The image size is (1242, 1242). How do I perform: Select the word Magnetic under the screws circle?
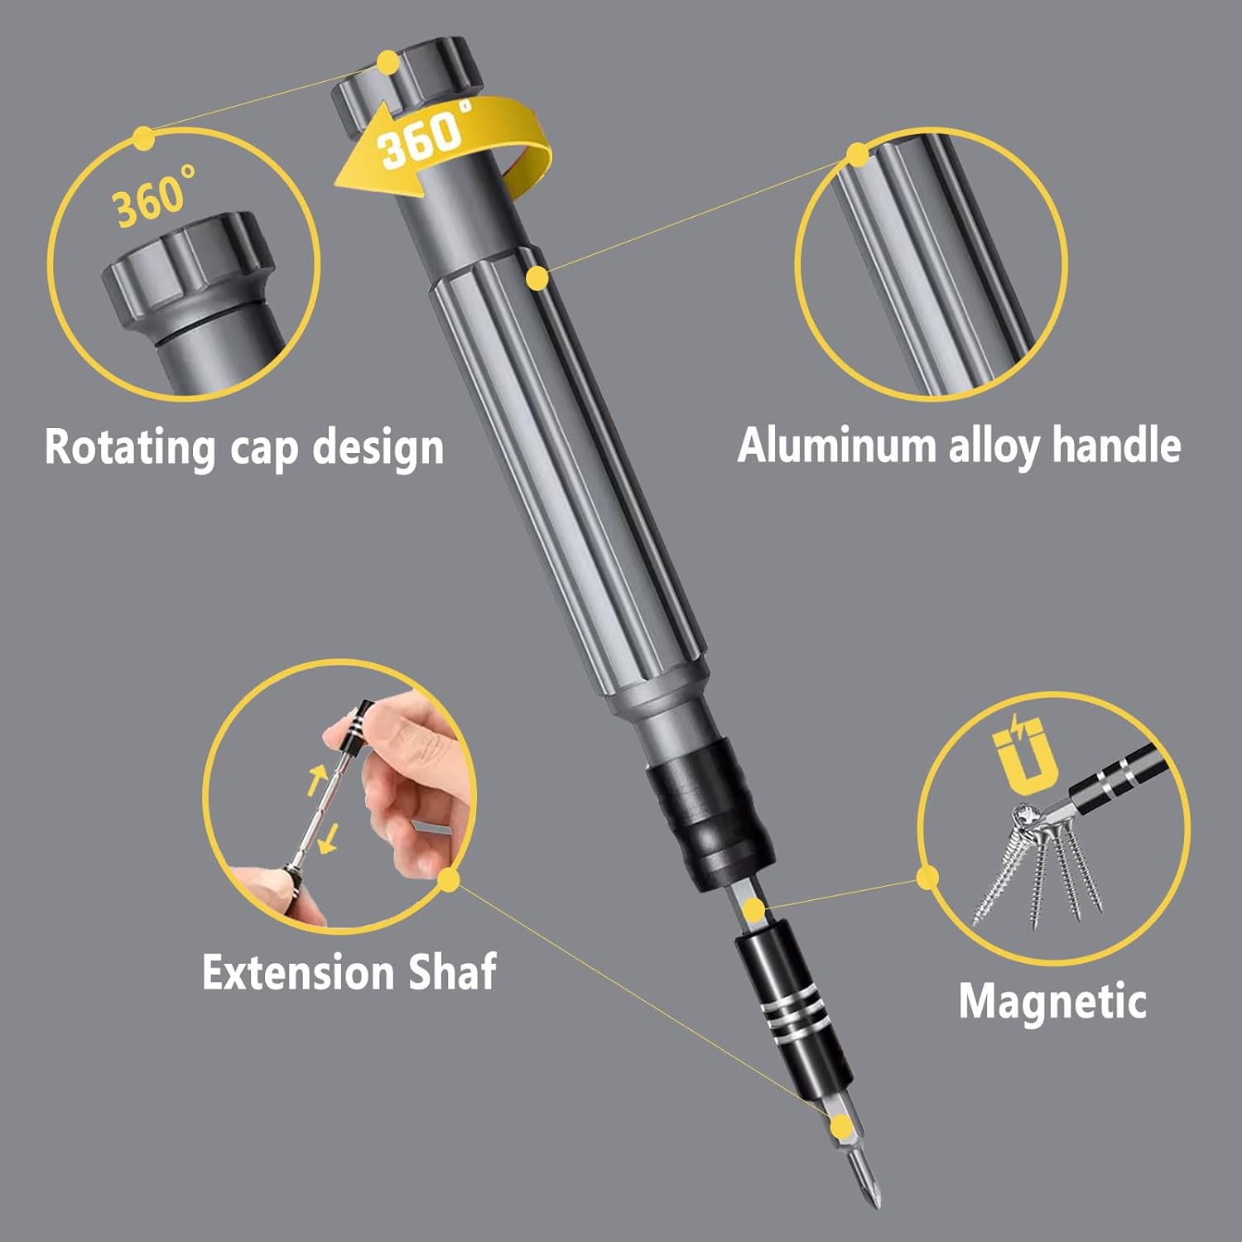(x=1052, y=1001)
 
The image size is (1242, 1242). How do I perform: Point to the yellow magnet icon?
(x=1025, y=756)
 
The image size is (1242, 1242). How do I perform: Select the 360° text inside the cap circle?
(x=153, y=197)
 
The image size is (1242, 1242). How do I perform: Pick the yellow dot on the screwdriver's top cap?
(x=388, y=63)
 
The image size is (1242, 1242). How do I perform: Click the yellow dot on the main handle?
(x=537, y=278)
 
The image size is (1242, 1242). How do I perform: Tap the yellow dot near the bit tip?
(x=841, y=1125)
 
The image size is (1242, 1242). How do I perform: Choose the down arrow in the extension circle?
(x=330, y=838)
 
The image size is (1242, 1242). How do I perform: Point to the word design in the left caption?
(x=378, y=447)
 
